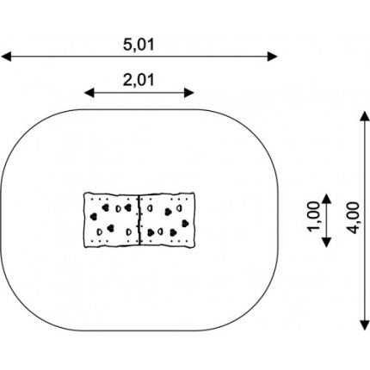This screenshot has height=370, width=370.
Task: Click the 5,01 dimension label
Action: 139,45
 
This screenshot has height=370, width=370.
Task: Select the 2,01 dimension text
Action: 139,80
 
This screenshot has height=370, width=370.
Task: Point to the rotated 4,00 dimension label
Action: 353,218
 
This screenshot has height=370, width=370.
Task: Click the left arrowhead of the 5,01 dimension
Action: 6,57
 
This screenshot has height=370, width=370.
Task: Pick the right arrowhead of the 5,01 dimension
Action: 272,57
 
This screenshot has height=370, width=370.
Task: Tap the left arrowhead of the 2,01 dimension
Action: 89,93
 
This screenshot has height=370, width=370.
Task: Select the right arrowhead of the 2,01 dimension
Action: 189,93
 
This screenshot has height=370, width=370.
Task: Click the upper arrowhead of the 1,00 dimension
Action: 326,199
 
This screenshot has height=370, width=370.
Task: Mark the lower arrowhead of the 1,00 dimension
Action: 326,242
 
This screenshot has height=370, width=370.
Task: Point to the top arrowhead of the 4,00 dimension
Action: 365,116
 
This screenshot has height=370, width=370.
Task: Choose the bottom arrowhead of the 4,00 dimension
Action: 365,325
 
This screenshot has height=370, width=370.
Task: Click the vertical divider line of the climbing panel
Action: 139,220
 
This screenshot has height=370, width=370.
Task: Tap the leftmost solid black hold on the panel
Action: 93,217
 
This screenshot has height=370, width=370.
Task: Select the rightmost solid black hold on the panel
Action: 185,223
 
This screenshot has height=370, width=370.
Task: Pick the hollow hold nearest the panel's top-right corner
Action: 179,207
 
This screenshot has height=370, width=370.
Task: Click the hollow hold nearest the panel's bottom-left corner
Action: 100,231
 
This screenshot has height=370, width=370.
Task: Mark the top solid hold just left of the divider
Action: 128,207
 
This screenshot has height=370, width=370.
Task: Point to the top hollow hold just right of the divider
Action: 150,208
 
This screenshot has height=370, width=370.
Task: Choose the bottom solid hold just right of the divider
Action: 151,232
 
